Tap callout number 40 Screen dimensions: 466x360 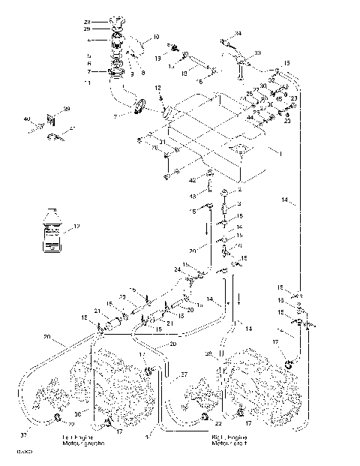[26, 119]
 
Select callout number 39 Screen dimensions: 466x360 [66, 110]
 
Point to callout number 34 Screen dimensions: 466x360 [238, 34]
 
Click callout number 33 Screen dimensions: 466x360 [258, 53]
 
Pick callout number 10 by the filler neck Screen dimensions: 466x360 [156, 36]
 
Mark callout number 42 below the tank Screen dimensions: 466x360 [193, 181]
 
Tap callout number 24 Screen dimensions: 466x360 [178, 269]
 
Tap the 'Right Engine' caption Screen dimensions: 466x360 [229, 436]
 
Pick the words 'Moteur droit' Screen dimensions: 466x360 [229, 443]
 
